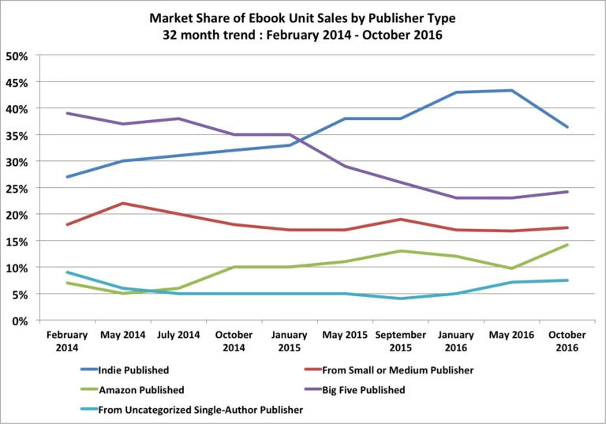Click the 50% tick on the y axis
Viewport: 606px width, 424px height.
point(17,55)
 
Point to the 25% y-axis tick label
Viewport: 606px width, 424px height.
point(17,188)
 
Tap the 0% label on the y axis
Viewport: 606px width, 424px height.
point(21,321)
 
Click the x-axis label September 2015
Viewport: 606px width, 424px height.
point(401,341)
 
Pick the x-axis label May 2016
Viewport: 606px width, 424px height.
point(512,335)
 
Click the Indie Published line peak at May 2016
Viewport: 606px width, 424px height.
point(512,90)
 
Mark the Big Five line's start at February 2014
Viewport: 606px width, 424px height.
point(68,113)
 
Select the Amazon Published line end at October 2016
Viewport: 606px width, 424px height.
point(567,245)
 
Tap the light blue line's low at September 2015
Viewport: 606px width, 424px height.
point(401,298)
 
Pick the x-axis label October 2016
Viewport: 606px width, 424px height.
point(567,341)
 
